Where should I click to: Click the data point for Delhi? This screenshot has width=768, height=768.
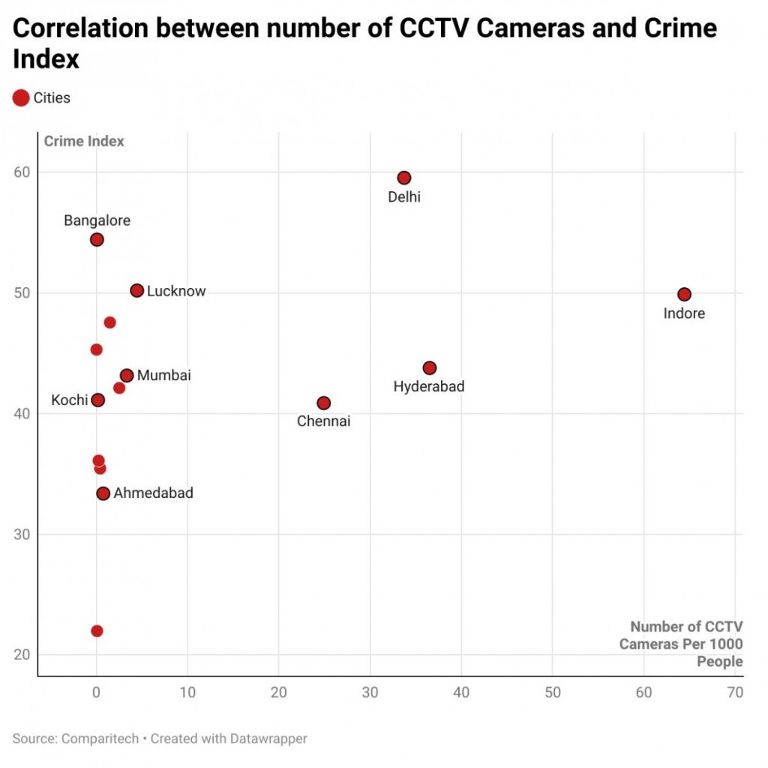click(404, 178)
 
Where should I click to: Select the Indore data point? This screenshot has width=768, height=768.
click(684, 294)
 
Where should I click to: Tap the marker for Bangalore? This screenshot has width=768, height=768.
click(97, 239)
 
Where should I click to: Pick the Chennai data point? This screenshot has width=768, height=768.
click(323, 403)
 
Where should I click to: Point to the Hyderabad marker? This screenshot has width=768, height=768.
click(429, 367)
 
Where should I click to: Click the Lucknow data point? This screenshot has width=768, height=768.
click(136, 290)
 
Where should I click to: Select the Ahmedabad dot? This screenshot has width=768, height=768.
click(103, 493)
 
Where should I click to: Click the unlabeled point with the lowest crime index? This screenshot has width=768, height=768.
click(97, 631)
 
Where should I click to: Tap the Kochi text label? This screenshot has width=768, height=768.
click(69, 400)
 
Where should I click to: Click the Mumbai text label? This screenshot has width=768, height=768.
click(164, 375)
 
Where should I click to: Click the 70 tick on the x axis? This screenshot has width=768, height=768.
click(735, 692)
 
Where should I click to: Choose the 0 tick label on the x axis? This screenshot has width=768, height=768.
click(96, 692)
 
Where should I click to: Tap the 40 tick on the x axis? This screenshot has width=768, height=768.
click(461, 692)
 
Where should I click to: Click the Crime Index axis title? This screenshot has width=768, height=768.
click(84, 141)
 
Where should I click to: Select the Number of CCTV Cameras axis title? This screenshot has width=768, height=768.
click(686, 643)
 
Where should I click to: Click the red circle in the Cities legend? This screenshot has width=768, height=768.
click(21, 97)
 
